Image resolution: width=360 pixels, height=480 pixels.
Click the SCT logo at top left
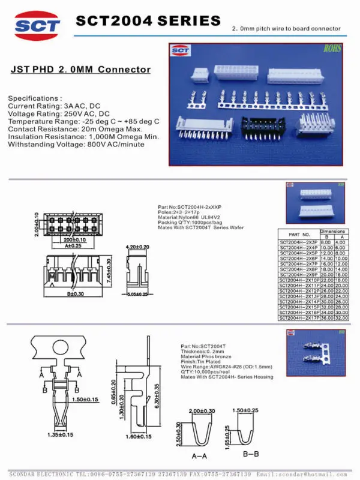pos(37,25)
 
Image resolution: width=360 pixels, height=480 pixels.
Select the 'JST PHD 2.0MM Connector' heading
pos(81,70)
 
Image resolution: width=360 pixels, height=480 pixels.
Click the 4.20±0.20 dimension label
pos(137,247)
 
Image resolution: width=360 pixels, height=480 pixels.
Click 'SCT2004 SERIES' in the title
pos(148,21)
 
